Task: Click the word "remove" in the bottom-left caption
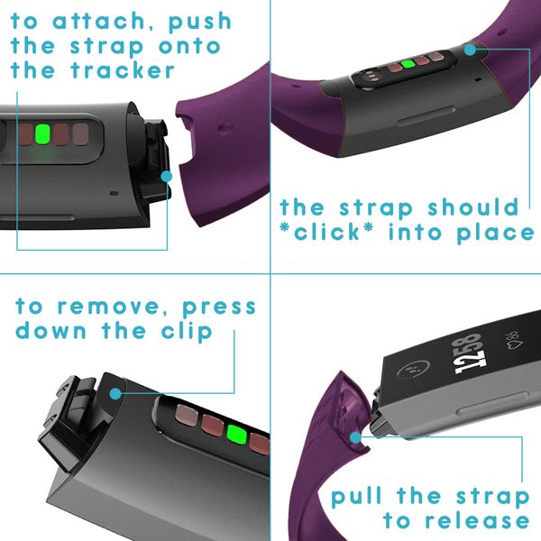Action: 113,307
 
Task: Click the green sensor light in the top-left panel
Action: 41,136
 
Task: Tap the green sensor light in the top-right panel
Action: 408,65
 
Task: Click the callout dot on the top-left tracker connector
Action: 166,178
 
